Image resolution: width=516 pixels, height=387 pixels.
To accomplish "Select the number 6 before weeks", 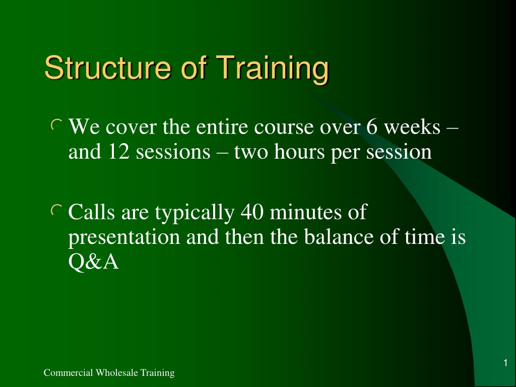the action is (371, 126).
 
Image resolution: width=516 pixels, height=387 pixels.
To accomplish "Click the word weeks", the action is (412, 126).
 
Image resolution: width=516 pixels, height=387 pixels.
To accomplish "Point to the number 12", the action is (118, 152).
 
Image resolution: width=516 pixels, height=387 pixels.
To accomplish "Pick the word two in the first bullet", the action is (251, 152).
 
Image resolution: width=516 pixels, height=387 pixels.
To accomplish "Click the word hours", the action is (299, 152).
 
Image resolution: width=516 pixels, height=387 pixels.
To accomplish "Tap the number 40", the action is (252, 212).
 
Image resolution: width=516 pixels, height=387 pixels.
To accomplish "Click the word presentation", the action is (124, 238).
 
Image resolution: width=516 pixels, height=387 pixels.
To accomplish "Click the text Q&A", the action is (93, 262).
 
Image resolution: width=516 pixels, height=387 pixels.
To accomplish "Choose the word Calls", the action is (92, 212).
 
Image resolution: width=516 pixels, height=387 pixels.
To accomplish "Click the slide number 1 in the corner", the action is (505, 363).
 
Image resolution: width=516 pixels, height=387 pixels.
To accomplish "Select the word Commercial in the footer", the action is (68, 372).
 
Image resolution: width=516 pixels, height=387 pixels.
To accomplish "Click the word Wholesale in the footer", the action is (116, 372).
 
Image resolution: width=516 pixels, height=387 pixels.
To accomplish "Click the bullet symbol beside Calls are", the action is (56, 210).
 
